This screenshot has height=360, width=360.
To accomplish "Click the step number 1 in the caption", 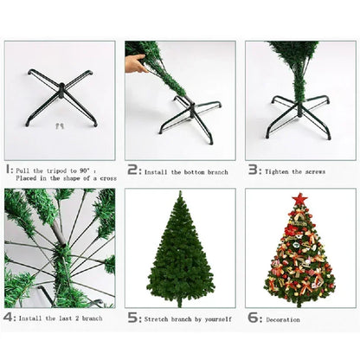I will (x=9, y=171).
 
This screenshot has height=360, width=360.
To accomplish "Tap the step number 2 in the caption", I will (x=132, y=171).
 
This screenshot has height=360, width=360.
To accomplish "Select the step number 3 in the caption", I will (x=252, y=171).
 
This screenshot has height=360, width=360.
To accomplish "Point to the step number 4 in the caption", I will (x=9, y=318).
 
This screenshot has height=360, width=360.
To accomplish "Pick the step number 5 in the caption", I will (x=132, y=318).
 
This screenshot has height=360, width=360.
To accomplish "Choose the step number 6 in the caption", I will (x=252, y=318).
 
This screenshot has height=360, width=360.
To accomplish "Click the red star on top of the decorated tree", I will (x=299, y=200).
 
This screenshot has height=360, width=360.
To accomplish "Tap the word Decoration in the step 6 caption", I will (x=283, y=320).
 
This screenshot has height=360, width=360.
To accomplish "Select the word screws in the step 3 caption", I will (x=312, y=172).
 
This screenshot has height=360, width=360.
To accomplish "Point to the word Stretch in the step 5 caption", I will (x=156, y=320).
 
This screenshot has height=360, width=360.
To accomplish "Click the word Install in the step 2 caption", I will (x=157, y=172).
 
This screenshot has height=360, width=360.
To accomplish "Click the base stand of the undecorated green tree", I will (x=179, y=302).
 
